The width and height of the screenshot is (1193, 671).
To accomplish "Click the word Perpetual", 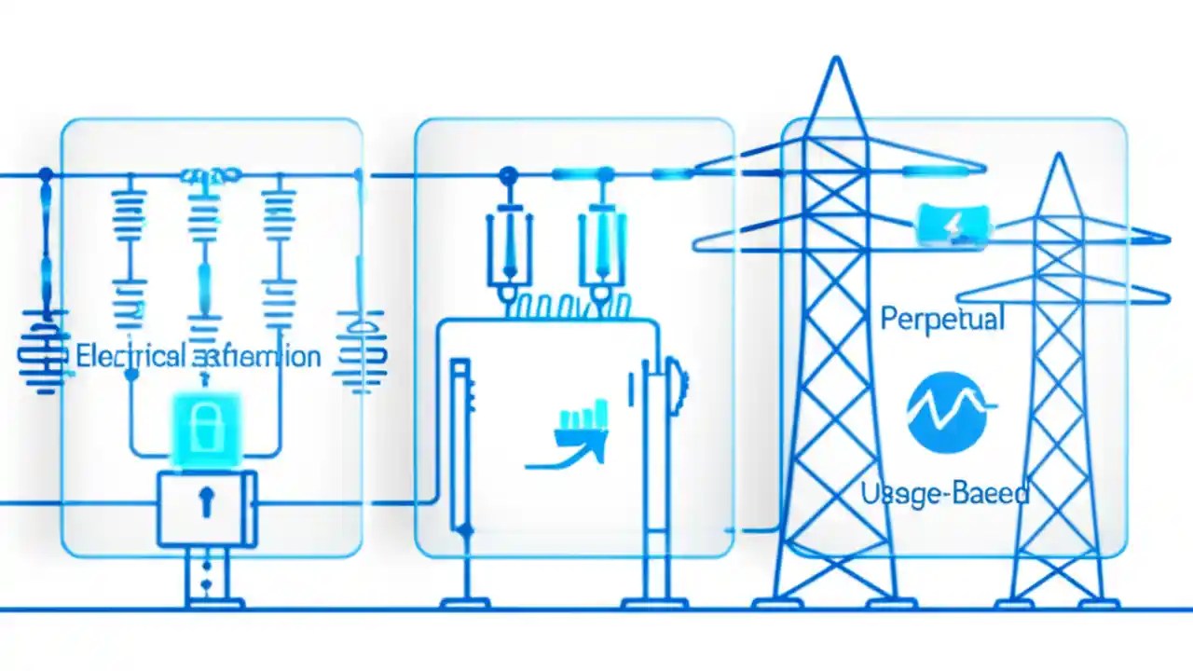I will (942, 320).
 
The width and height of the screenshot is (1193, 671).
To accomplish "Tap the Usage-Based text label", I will (945, 493).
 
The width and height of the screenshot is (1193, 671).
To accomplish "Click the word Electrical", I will (130, 356).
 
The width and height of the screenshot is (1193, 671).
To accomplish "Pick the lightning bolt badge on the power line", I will (953, 225).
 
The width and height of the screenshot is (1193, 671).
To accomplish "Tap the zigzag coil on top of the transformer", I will (569, 307).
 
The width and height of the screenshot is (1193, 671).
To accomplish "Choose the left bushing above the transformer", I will (508, 248).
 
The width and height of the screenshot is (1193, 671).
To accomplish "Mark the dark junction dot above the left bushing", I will (508, 174).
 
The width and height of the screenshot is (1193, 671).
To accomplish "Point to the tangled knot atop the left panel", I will (210, 174).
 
